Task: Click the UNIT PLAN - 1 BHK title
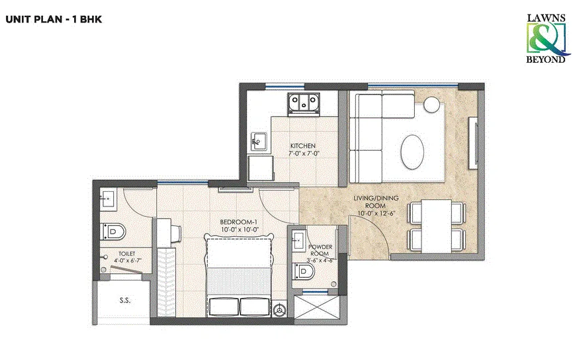pyautogui.click(x=54, y=19)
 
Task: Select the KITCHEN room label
pyautogui.click(x=302, y=146)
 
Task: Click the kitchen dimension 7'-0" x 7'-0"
pyautogui.click(x=302, y=154)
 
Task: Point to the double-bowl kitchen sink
pyautogui.click(x=303, y=103)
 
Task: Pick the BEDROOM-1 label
pyautogui.click(x=238, y=222)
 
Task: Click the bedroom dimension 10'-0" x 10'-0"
pyautogui.click(x=238, y=230)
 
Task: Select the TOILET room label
pyautogui.click(x=126, y=253)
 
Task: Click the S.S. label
pyautogui.click(x=124, y=300)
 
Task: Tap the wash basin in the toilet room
pyautogui.click(x=108, y=198)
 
